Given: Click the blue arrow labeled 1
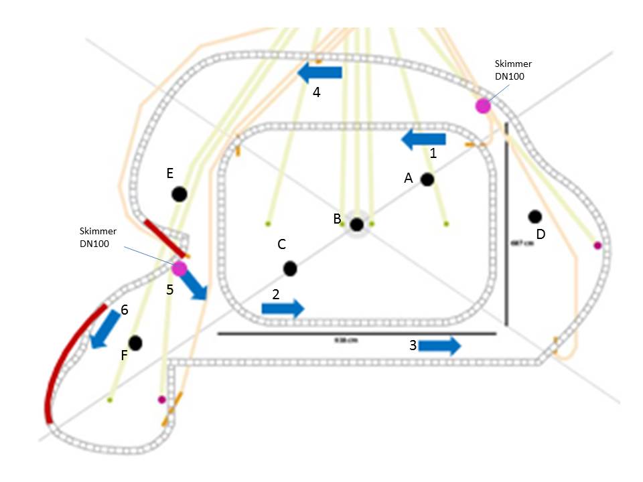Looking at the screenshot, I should pyautogui.click(x=423, y=139).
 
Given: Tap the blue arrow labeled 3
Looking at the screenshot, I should pyautogui.click(x=440, y=345).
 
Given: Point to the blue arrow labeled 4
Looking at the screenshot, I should pyautogui.click(x=319, y=72).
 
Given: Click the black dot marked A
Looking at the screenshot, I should pyautogui.click(x=427, y=179).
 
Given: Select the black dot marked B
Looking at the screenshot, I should pyautogui.click(x=356, y=224).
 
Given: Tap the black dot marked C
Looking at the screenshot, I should pyautogui.click(x=290, y=268).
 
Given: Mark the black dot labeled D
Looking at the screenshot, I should pyautogui.click(x=534, y=216).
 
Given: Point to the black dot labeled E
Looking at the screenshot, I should pyautogui.click(x=179, y=194).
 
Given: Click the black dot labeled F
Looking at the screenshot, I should pyautogui.click(x=135, y=343).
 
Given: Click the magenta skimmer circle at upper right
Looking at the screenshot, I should pyautogui.click(x=482, y=105).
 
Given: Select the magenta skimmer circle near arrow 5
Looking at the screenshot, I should pyautogui.click(x=179, y=268).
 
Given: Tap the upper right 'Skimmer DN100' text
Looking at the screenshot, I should pyautogui.click(x=513, y=70).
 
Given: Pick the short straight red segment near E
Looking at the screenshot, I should pyautogui.click(x=164, y=238).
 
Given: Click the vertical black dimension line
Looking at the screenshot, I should pyautogui.click(x=506, y=224).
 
